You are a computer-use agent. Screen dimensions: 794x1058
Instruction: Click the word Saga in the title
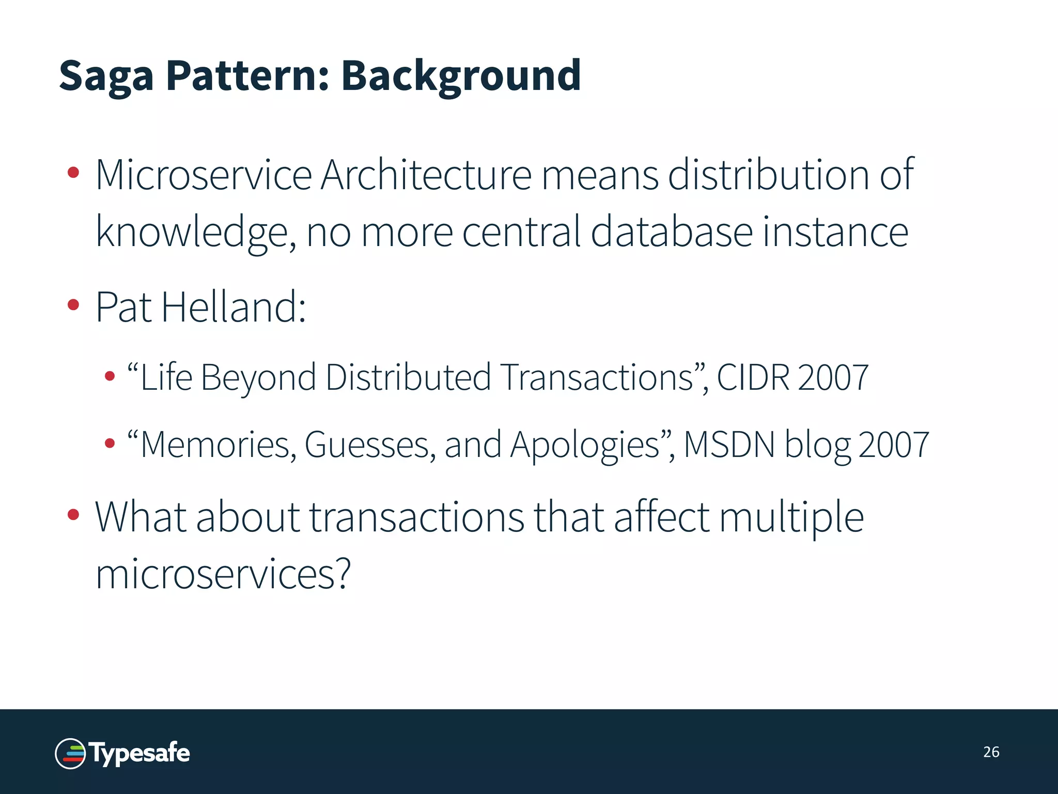pos(106,77)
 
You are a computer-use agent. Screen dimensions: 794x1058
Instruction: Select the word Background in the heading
pos(461,77)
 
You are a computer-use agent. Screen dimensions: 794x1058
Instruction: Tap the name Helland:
pos(234,307)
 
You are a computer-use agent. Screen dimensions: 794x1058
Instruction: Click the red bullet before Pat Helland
pos(73,305)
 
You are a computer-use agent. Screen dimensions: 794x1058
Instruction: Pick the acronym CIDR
pos(753,377)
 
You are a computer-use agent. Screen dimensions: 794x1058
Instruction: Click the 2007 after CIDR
pos(833,377)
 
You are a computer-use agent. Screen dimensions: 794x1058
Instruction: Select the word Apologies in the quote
pos(585,445)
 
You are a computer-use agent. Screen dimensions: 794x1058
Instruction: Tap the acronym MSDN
pos(729,445)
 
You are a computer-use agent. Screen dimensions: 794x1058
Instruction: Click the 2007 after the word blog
pos(893,445)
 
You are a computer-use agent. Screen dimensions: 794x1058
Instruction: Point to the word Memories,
pos(217,445)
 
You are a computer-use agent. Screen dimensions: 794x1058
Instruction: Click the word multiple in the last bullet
pos(791,518)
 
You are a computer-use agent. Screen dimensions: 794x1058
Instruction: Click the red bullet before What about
pos(73,514)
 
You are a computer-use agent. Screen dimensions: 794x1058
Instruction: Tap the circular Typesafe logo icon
pos(70,753)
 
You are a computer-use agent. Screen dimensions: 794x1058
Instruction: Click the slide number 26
pos(991,752)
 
